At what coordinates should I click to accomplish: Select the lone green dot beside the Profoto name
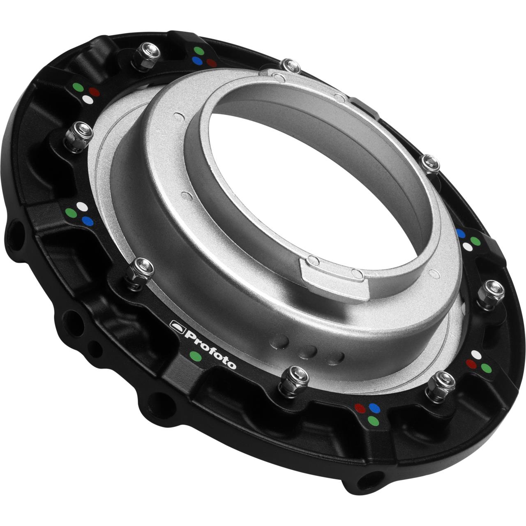[196, 356]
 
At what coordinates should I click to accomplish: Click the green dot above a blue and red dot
[199, 51]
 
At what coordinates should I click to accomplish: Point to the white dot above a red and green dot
[477, 354]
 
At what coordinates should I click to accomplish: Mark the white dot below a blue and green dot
[467, 247]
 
